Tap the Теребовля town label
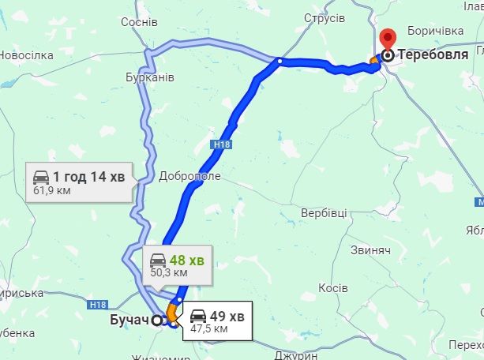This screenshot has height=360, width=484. coord(434,55)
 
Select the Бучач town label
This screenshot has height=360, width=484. coord(128,321)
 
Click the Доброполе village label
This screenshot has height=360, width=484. coord(189,176)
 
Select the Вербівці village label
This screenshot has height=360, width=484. coord(325,213)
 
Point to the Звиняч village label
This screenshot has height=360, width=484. coord(370,249)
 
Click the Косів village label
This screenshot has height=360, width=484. coord(332,288)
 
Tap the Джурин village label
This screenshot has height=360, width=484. coord(297,354)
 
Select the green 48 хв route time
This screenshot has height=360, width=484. coord(188,260)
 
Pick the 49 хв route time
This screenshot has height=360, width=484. coord(228,317)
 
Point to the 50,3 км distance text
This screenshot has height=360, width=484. coord(169,272)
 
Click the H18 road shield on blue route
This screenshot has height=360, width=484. coord(221,144)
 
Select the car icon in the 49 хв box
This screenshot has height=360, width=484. coord(198,317)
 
